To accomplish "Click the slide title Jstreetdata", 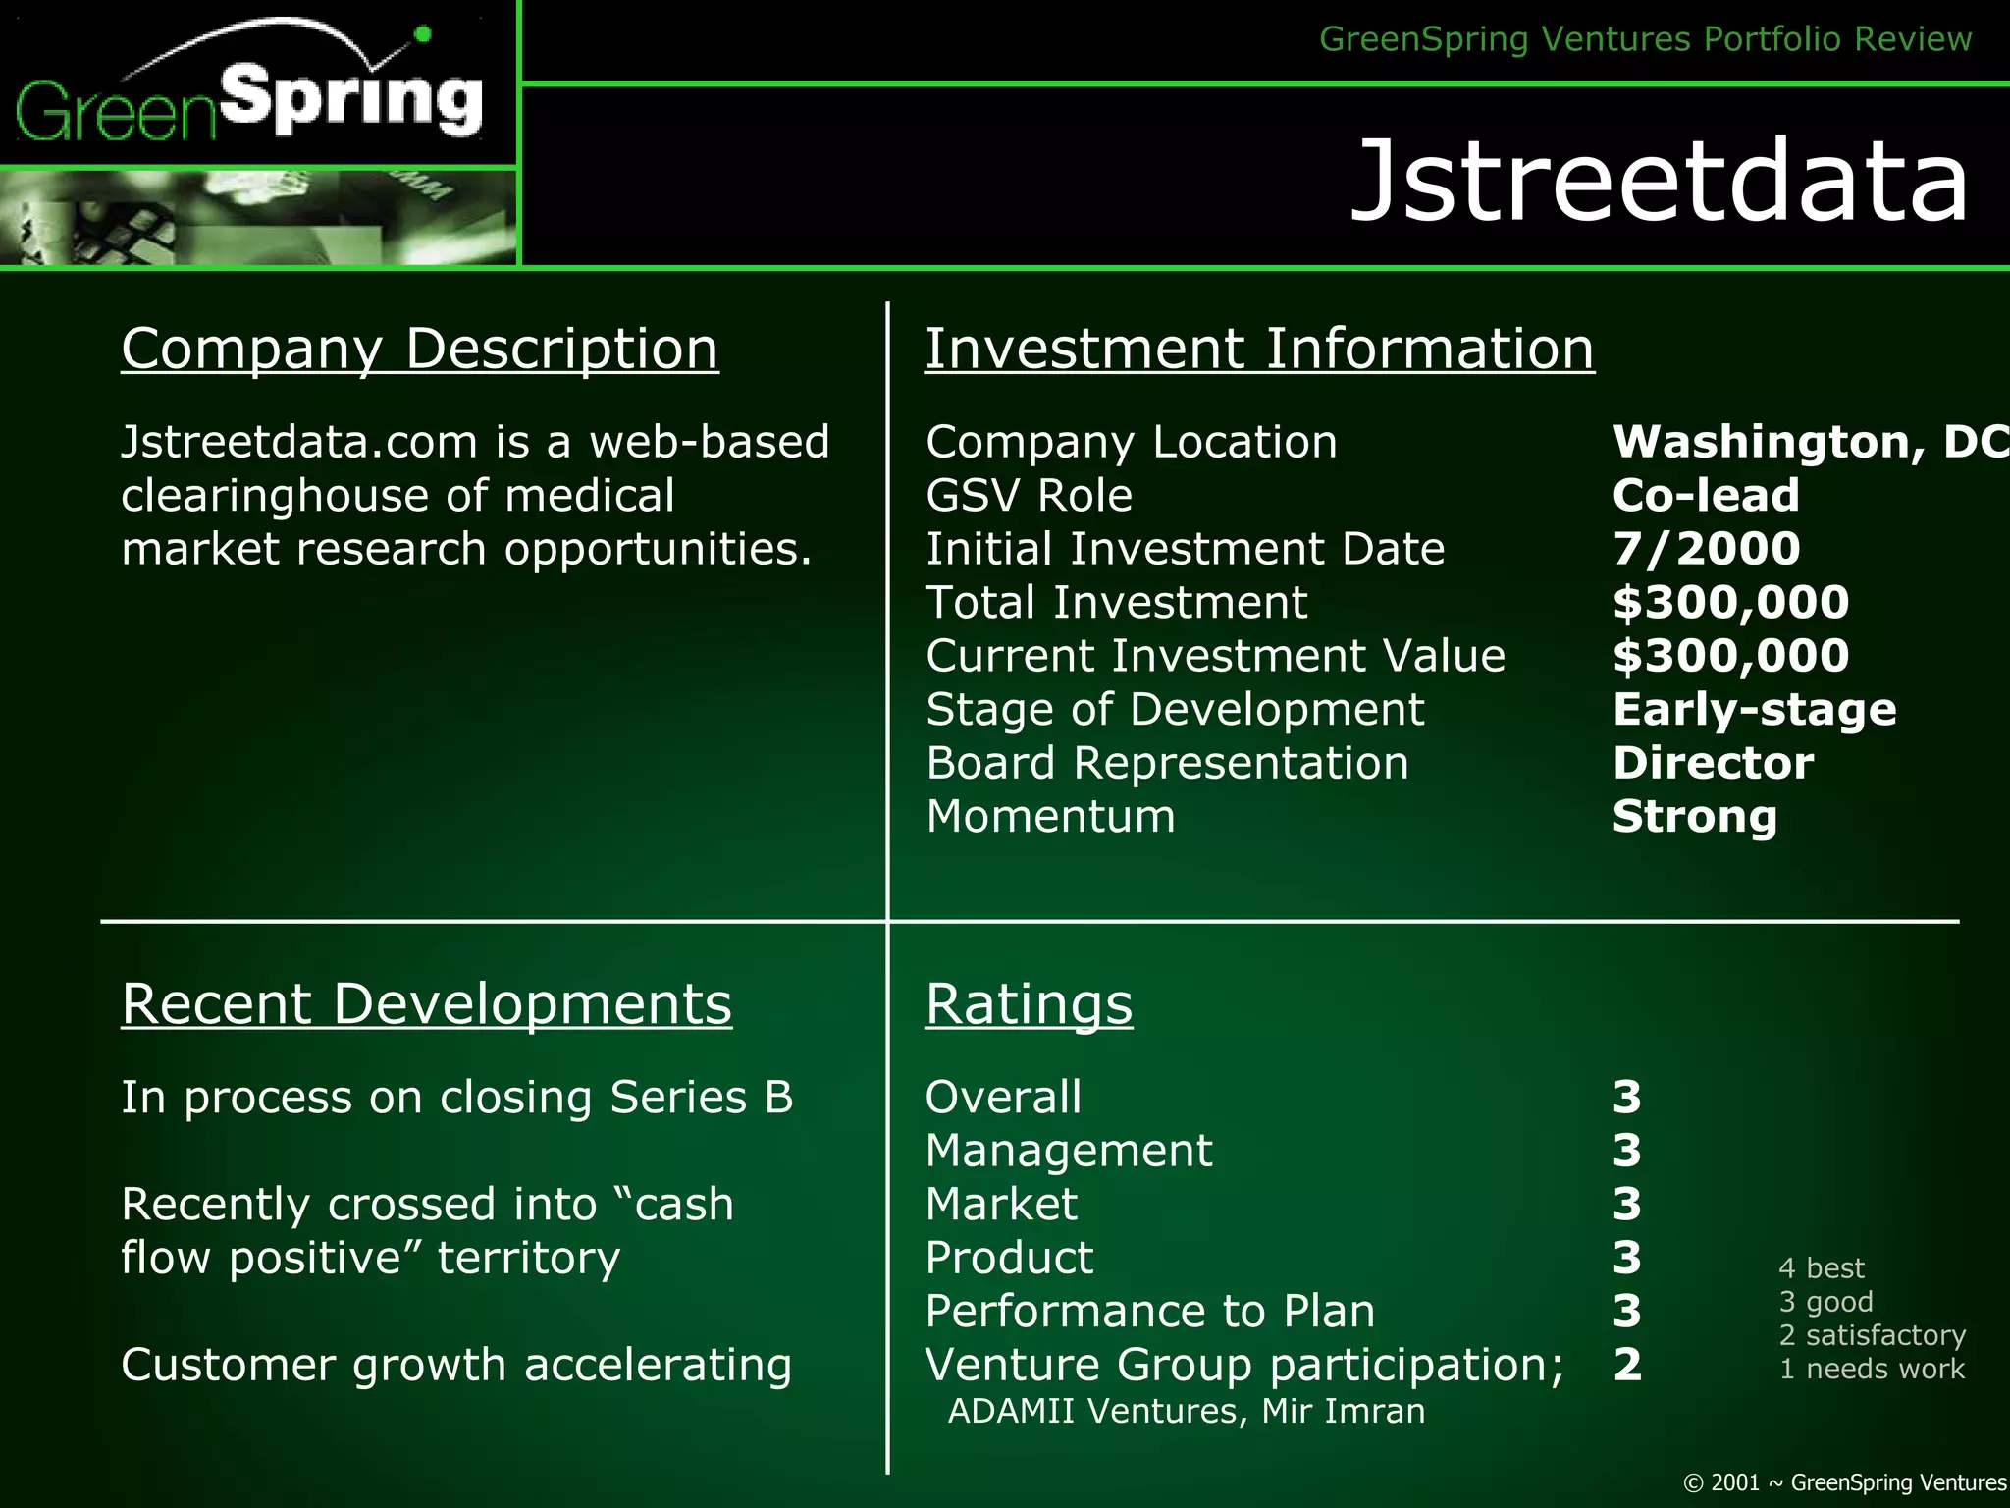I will [1659, 181].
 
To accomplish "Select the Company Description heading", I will [420, 349].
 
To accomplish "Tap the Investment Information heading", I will [1259, 349].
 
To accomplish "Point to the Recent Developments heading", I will [426, 1003].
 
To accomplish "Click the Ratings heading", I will [1029, 1003].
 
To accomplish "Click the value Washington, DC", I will [1809, 442].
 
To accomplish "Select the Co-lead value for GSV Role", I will [1706, 495].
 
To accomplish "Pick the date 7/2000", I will [1706, 549].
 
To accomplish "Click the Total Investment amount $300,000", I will [1730, 602].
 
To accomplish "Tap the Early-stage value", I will [1754, 709].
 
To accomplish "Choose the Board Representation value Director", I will [1713, 763].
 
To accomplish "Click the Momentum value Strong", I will [1695, 817].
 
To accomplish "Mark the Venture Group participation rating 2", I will [1627, 1365].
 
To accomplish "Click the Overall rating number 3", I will [1627, 1097].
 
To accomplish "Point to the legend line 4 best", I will [1821, 1268].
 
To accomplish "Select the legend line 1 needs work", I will [1872, 1369].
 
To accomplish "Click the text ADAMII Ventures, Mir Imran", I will [1186, 1411].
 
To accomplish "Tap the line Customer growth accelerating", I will [456, 1365].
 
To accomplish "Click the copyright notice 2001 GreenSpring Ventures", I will [1845, 1482].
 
